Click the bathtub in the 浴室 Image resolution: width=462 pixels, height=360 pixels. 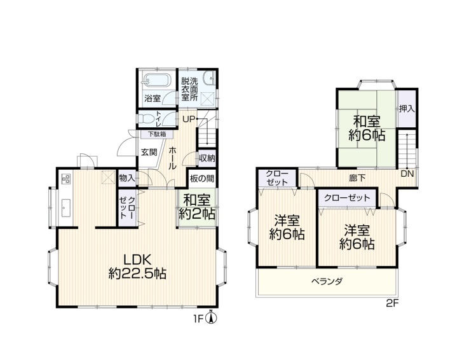(x=156, y=80)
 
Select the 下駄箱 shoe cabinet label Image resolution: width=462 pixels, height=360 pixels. (x=157, y=134)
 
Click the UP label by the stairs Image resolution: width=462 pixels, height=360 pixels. (x=189, y=119)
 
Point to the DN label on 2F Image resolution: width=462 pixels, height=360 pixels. (x=407, y=174)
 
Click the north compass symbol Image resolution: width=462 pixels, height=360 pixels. (x=211, y=318)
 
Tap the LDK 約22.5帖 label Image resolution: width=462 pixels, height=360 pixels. (x=137, y=267)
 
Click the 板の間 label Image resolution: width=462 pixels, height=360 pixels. (x=202, y=178)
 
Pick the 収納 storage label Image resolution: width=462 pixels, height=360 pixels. (x=207, y=158)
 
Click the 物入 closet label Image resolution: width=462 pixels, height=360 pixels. (x=127, y=178)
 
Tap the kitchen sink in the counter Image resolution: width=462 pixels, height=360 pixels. (x=66, y=208)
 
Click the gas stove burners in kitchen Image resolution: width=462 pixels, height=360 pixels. (x=66, y=179)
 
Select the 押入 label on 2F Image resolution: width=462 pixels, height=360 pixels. (x=407, y=109)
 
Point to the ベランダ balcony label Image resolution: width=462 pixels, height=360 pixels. (x=327, y=281)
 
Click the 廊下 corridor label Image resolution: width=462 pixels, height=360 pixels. (x=357, y=178)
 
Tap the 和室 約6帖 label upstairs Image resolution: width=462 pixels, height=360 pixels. (x=367, y=128)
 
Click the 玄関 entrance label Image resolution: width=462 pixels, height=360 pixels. (x=149, y=153)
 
